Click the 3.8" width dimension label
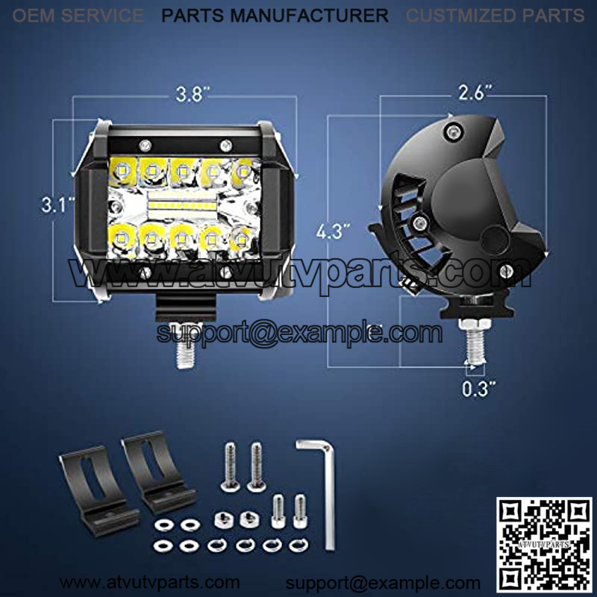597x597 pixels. pyautogui.click(x=193, y=95)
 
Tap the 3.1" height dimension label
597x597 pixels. pyautogui.click(x=58, y=204)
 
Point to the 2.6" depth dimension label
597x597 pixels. pyautogui.click(x=475, y=93)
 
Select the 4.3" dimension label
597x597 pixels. pyautogui.click(x=333, y=231)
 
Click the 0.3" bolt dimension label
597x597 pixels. pyautogui.click(x=478, y=389)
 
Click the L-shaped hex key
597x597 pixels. pyautogui.click(x=320, y=493)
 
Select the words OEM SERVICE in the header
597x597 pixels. pyautogui.click(x=78, y=16)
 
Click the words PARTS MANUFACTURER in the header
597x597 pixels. pyautogui.click(x=275, y=16)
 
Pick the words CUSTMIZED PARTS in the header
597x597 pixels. pyautogui.click(x=495, y=16)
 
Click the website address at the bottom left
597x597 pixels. pyautogui.click(x=150, y=583)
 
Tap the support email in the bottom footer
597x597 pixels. pyautogui.click(x=383, y=584)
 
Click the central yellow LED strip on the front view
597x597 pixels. pyautogui.click(x=182, y=206)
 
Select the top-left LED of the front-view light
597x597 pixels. pyautogui.click(x=122, y=170)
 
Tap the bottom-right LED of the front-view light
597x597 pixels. pyautogui.click(x=241, y=240)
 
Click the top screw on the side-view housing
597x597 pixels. pyautogui.click(x=453, y=132)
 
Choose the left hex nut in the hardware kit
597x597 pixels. pyautogui.click(x=224, y=520)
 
